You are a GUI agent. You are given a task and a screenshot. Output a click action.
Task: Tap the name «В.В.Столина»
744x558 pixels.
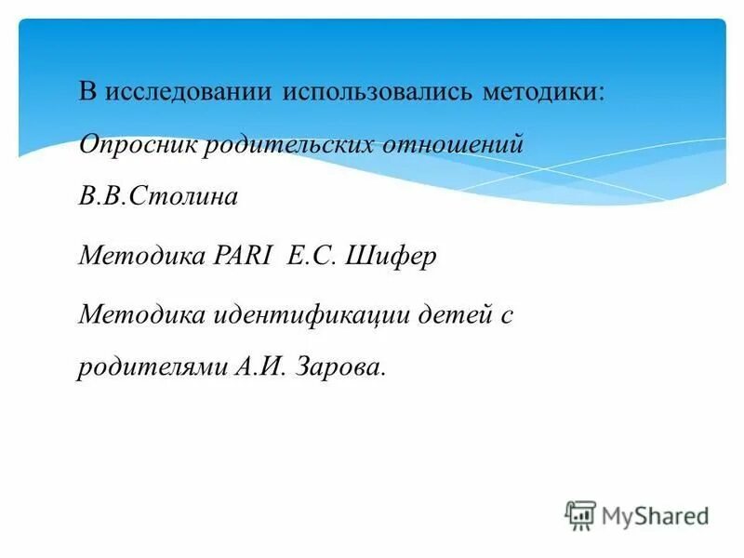tap(146, 197)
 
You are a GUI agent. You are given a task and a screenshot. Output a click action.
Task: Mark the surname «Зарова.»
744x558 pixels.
tap(339, 367)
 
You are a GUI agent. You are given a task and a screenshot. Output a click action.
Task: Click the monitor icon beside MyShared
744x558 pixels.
tap(580, 515)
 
